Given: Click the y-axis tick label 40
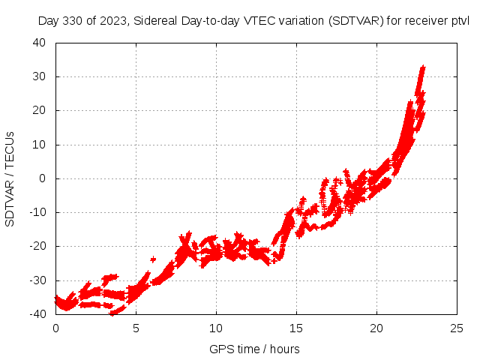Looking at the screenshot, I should click(x=39, y=42).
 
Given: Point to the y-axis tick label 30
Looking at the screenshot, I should click(x=39, y=76).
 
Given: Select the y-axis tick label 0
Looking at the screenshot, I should click(x=42, y=178).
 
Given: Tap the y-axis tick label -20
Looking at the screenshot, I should click(x=37, y=247).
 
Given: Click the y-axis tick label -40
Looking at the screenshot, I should click(x=37, y=314).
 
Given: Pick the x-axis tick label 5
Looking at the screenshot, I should click(x=136, y=328).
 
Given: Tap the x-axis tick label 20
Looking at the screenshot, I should click(x=376, y=328).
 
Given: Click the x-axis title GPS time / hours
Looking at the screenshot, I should click(x=254, y=349).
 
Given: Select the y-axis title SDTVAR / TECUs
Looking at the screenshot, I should click(x=10, y=178).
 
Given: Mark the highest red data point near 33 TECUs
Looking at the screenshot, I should click(x=423, y=67).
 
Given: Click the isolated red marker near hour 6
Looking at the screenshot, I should click(x=153, y=259).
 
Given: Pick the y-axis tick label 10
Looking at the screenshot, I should click(x=39, y=145).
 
